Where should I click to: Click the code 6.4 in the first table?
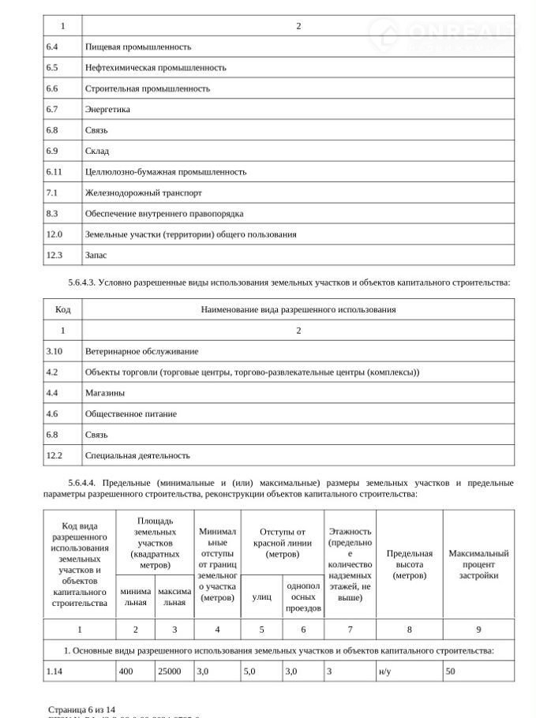(52, 47)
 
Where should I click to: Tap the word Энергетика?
(107, 109)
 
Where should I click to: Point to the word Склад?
(97, 151)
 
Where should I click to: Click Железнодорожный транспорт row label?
(143, 193)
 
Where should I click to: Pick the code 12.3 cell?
(54, 255)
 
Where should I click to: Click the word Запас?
(96, 255)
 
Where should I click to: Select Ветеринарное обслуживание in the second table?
(141, 350)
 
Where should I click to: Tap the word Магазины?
(104, 392)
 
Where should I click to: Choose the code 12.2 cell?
(54, 455)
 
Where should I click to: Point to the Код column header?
(62, 309)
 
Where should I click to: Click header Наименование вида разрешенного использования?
(298, 309)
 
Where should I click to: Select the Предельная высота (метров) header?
(409, 564)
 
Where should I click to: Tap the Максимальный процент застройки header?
(478, 564)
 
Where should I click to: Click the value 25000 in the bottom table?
(169, 671)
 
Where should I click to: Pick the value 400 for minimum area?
(126, 671)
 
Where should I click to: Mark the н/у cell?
(385, 671)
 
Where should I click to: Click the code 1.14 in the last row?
(54, 671)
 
